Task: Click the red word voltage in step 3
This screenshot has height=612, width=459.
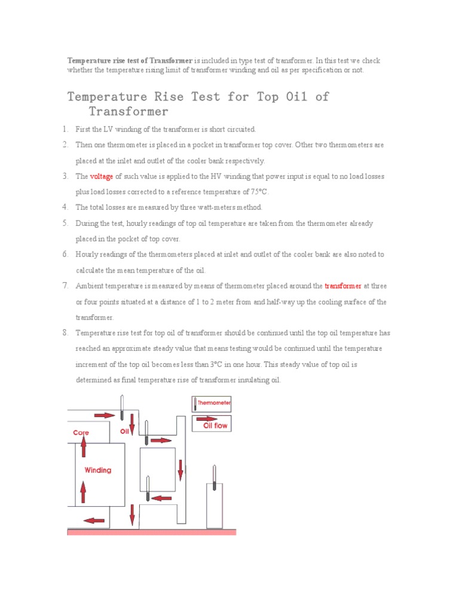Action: [101, 176]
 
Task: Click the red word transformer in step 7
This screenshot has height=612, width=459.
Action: [342, 286]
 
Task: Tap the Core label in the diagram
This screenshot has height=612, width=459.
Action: [81, 432]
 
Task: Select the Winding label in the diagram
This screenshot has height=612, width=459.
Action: [97, 470]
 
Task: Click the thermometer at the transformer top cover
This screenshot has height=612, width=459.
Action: [122, 407]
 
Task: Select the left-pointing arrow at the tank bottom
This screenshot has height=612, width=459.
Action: [94, 520]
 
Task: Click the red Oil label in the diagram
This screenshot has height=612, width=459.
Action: [124, 430]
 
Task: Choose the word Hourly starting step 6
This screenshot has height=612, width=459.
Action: [87, 254]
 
